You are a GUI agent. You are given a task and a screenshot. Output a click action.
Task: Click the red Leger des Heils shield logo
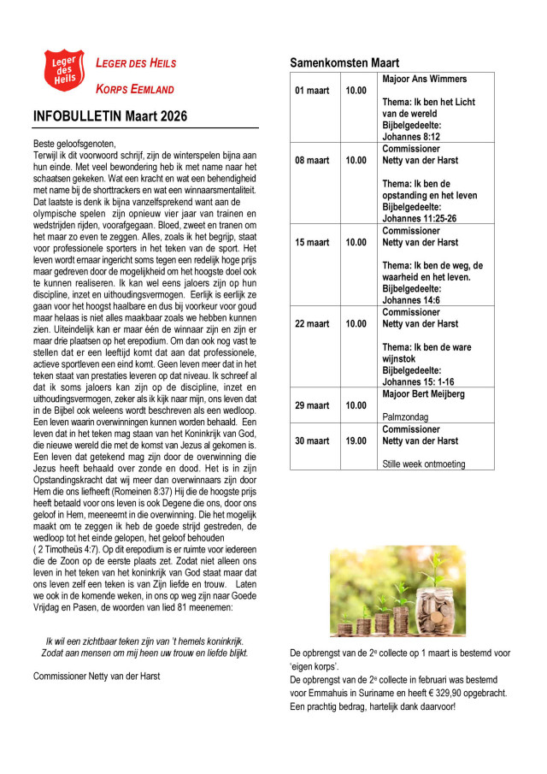point(64,70)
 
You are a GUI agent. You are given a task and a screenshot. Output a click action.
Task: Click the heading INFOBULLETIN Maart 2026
point(110,116)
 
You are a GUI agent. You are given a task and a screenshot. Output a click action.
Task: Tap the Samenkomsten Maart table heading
point(344,63)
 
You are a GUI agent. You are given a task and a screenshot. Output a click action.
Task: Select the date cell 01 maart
point(312,91)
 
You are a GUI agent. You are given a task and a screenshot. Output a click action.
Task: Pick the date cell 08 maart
point(312,161)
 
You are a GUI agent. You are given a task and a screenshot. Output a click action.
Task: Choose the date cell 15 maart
point(312,243)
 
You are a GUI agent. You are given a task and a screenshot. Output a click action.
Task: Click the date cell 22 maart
point(312,324)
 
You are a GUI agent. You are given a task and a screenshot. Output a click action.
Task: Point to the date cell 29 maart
point(312,405)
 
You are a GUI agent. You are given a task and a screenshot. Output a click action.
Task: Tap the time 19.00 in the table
point(356,441)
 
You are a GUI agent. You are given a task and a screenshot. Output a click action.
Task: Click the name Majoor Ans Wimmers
point(425,80)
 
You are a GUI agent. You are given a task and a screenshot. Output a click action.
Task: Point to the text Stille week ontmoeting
point(424,464)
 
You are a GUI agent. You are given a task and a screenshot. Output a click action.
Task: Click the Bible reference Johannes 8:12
point(411,136)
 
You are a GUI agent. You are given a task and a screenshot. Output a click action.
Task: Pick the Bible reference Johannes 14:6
point(411,299)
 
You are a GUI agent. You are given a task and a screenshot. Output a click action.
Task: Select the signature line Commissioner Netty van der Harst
point(97,676)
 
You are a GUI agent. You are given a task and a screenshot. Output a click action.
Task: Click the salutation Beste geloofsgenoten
point(74,143)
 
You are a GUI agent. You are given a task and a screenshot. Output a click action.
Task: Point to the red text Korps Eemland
point(134,89)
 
